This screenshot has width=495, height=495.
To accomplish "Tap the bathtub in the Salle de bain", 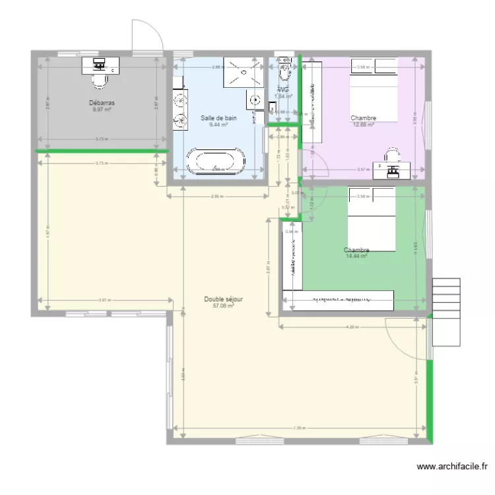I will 216,162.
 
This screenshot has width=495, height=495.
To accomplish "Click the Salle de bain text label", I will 218,118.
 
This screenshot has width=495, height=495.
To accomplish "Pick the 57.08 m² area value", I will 223,306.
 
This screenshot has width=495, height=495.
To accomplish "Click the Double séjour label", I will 223,299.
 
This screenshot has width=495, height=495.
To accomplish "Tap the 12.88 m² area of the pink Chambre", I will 363,125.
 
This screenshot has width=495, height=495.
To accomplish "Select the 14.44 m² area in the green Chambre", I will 356,256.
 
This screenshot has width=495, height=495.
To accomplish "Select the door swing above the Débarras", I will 145,36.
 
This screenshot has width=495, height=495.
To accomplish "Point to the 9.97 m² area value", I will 102,110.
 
